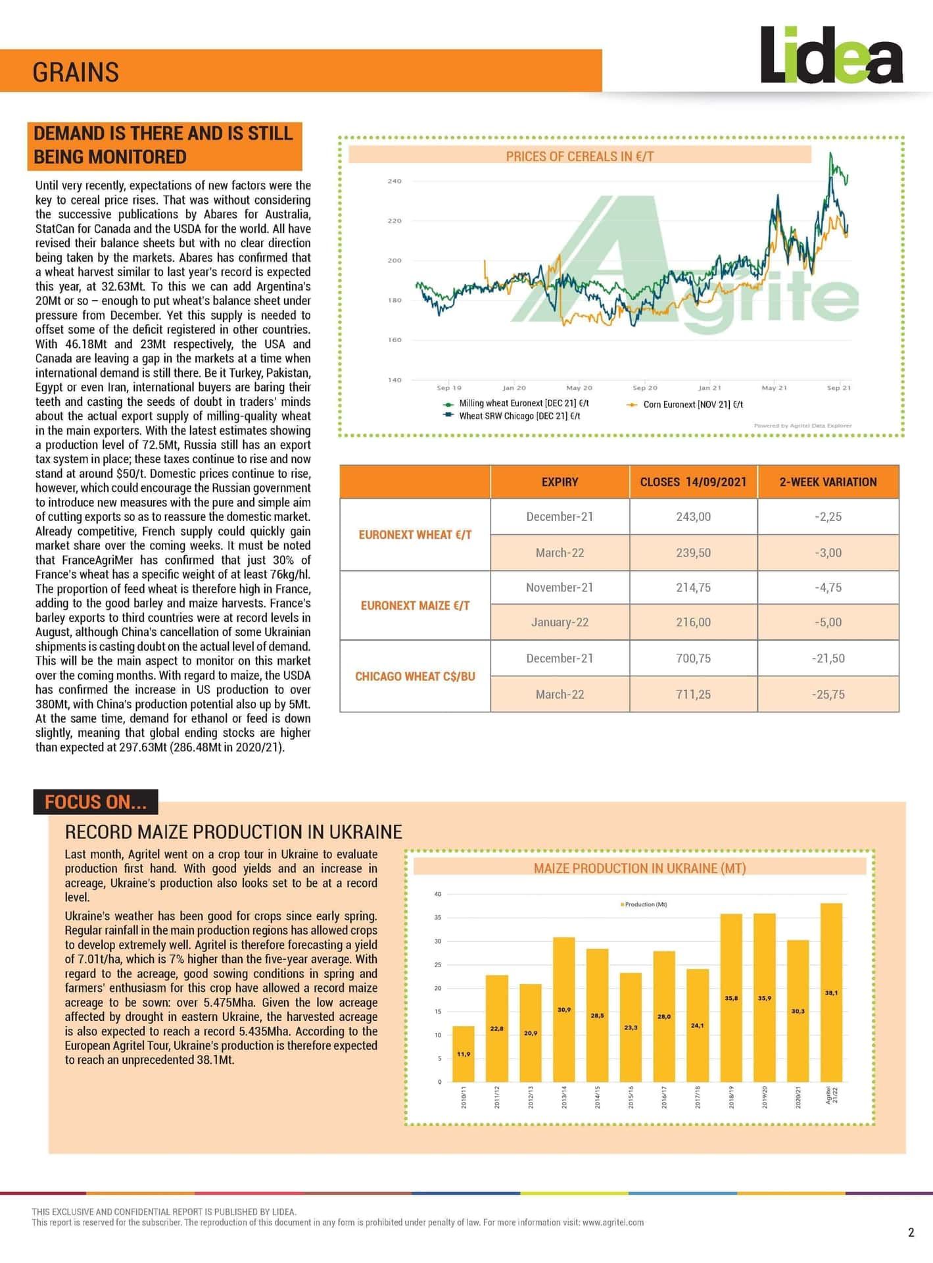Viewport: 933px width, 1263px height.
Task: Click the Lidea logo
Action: (831, 55)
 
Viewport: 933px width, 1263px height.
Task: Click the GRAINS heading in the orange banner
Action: (76, 72)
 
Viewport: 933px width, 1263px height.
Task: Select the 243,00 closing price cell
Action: (693, 516)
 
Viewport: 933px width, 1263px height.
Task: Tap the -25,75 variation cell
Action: (828, 694)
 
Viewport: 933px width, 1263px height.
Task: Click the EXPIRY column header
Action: (560, 482)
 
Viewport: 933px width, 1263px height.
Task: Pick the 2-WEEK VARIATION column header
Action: (828, 482)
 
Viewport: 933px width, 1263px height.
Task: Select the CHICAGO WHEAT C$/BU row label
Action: (415, 676)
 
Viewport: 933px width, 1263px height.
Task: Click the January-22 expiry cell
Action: (560, 622)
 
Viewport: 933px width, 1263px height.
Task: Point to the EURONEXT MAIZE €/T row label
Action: (415, 605)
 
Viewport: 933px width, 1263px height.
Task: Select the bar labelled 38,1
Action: (831, 993)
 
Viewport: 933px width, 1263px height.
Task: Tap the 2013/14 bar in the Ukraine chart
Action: (563, 1010)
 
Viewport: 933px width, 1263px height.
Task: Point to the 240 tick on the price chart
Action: (395, 181)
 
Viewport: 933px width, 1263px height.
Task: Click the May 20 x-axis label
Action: (579, 388)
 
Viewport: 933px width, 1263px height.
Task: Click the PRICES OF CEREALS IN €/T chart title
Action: (579, 156)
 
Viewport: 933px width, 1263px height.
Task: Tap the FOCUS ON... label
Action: (95, 802)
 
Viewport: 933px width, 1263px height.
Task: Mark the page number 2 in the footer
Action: (911, 1233)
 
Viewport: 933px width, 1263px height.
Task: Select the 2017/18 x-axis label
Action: (698, 1097)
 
